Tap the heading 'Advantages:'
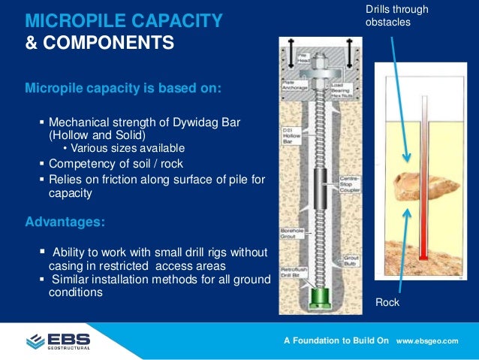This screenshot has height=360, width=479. click(65, 222)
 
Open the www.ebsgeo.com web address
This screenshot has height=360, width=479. click(426, 341)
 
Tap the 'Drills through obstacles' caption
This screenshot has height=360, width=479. click(396, 16)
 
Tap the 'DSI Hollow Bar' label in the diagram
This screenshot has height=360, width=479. click(292, 135)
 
